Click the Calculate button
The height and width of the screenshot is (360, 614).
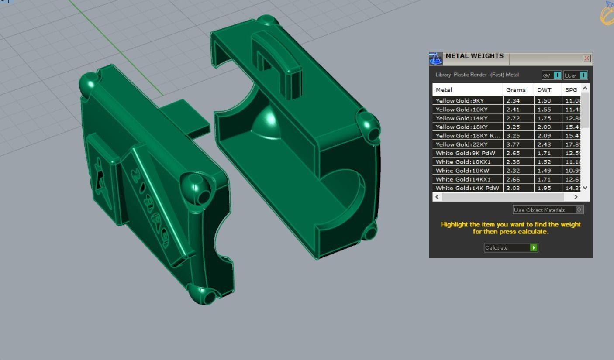pyautogui.click(x=511, y=247)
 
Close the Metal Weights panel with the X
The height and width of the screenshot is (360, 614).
pyautogui.click(x=586, y=58)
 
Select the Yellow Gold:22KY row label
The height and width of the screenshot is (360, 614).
pyautogui.click(x=462, y=144)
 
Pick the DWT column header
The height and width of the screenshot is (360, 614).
pyautogui.click(x=544, y=90)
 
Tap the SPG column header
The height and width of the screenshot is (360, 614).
pyautogui.click(x=571, y=90)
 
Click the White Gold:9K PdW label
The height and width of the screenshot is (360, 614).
pyautogui.click(x=465, y=153)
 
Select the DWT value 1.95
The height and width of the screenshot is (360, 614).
pyautogui.click(x=544, y=188)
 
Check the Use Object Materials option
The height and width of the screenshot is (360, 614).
pyautogui.click(x=579, y=210)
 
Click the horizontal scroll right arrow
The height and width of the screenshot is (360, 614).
pyautogui.click(x=576, y=197)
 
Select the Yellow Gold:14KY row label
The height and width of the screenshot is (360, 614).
pyautogui.click(x=462, y=118)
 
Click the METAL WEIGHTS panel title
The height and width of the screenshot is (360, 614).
pyautogui.click(x=474, y=56)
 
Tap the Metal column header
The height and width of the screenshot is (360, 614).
pyautogui.click(x=444, y=90)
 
